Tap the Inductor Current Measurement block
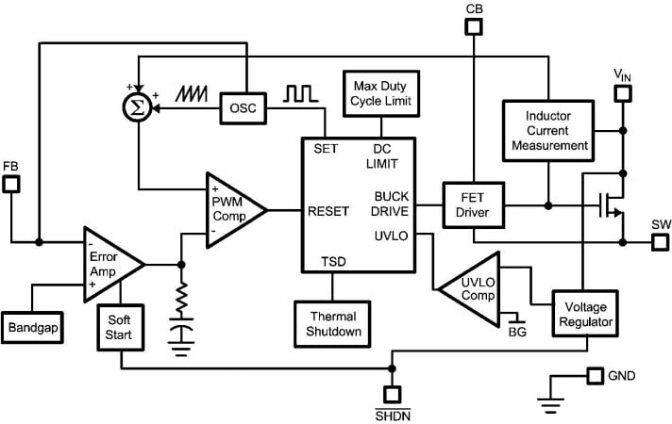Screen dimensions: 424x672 click(x=548, y=129)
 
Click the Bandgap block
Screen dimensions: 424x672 click(x=34, y=328)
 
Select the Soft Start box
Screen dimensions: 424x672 click(x=120, y=327)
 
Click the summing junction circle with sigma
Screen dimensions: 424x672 click(x=138, y=109)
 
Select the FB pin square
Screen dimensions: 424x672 click(x=11, y=185)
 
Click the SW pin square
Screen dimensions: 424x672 click(x=659, y=243)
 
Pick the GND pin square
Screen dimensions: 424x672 click(x=593, y=376)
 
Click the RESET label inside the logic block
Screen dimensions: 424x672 click(x=329, y=211)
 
